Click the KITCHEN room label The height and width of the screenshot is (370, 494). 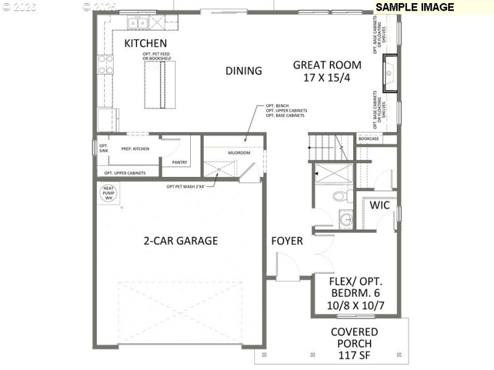click(146, 43)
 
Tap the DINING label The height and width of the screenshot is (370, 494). click(243, 71)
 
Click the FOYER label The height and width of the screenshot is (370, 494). click(287, 240)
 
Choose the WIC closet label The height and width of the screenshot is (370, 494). click(379, 205)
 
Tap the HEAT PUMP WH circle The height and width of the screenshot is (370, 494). click(108, 192)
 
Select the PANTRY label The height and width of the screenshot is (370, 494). click(180, 163)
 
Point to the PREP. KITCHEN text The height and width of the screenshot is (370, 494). click(135, 149)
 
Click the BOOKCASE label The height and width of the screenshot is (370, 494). click(369, 139)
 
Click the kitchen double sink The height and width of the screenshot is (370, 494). click(137, 23)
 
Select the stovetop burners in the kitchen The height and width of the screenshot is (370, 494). click(105, 64)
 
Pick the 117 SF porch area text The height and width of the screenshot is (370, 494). click(354, 356)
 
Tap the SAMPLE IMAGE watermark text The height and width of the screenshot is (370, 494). click(415, 7)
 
